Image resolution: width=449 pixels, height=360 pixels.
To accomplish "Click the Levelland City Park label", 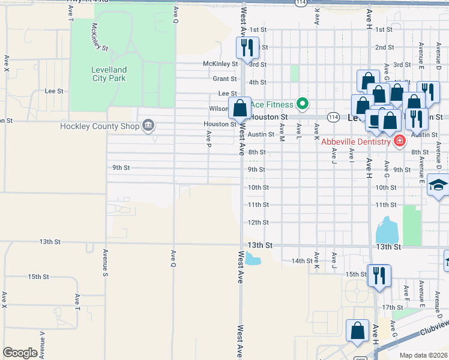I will click(108, 73).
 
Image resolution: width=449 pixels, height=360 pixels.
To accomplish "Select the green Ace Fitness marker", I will click(303, 104).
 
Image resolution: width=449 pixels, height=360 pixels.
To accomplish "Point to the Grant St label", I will click(224, 79).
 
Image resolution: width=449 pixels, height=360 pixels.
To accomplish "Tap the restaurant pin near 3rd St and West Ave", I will click(247, 47).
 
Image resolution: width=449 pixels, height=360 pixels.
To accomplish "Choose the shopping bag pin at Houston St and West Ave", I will click(240, 109).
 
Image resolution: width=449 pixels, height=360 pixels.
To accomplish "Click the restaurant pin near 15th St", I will click(379, 275).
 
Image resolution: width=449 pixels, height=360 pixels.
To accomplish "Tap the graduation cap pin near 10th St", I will click(438, 187).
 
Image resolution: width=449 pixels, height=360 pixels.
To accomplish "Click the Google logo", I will click(20, 353).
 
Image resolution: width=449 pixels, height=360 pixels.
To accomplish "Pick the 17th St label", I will click(392, 307).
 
